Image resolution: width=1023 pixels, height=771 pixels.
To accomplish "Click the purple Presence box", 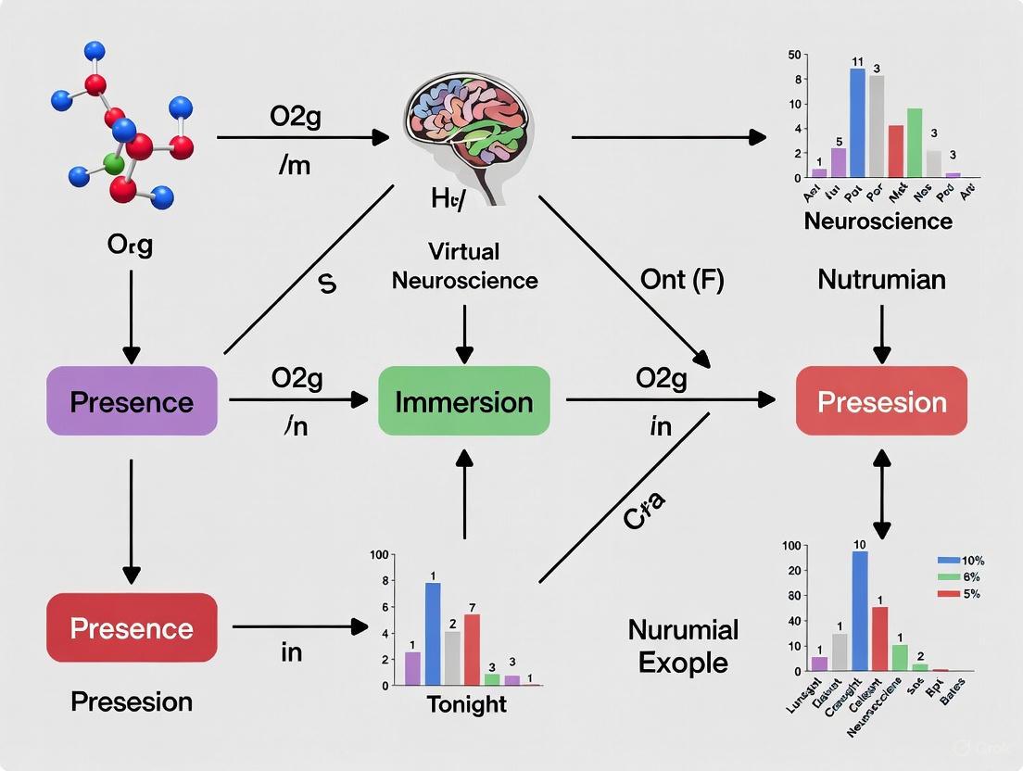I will (x=132, y=401).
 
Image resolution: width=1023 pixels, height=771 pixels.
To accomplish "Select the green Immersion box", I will (x=464, y=401).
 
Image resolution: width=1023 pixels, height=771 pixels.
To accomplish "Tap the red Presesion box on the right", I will (x=881, y=401).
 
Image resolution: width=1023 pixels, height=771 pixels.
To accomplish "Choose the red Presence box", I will (x=132, y=628).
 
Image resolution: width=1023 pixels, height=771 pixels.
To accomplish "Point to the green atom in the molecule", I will (x=113, y=164).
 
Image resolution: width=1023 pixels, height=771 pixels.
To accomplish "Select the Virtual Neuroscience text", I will (x=464, y=266).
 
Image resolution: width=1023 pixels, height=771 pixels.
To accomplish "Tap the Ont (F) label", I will (x=681, y=278).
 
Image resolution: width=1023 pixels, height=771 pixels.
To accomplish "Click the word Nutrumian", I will (x=881, y=278).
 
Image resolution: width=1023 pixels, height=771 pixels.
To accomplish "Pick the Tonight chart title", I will (x=467, y=704).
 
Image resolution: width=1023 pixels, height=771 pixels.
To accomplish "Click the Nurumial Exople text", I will (x=683, y=646).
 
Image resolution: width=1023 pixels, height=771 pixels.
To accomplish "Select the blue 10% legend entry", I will (x=959, y=561).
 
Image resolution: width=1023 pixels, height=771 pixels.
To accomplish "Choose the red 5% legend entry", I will (x=959, y=593).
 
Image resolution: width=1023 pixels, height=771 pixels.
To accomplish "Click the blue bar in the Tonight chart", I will (x=433, y=633).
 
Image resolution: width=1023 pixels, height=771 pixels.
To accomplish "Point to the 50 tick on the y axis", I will (x=793, y=56).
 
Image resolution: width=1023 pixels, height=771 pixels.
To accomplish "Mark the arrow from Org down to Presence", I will (x=132, y=315).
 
